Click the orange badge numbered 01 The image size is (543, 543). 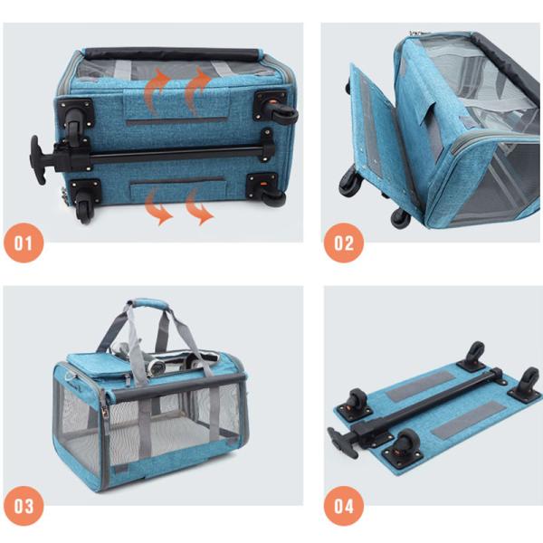[x=24, y=243]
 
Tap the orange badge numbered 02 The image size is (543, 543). [x=344, y=243]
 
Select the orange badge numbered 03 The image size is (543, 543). [x=24, y=506]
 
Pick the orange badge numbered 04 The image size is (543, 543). [x=344, y=506]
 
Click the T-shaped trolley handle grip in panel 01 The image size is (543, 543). [x=36, y=159]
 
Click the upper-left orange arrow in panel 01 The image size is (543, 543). [x=155, y=89]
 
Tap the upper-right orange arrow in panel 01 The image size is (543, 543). [x=196, y=89]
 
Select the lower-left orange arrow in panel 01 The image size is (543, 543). [x=157, y=207]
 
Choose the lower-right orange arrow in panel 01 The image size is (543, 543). [x=199, y=207]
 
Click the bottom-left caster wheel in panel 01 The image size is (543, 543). [x=84, y=210]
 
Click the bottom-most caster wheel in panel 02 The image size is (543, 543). [x=401, y=217]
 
